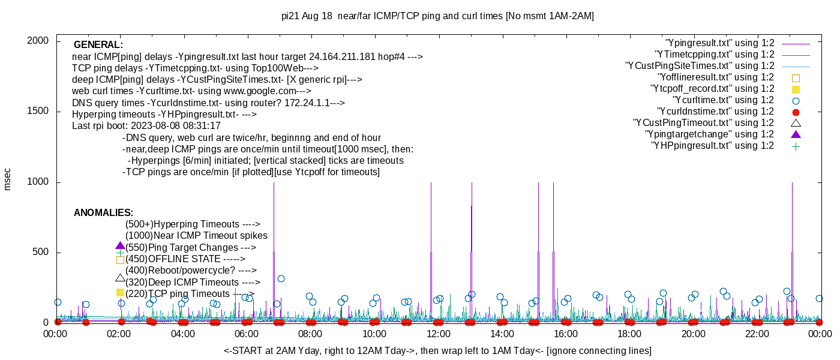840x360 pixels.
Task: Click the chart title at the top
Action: (x=437, y=16)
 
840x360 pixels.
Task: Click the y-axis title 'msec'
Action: (x=7, y=179)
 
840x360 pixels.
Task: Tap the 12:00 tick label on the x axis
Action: (x=438, y=334)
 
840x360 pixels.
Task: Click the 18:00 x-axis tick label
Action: (x=629, y=334)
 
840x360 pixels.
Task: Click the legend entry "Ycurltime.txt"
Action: (x=723, y=100)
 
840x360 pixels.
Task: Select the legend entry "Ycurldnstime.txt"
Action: (x=716, y=112)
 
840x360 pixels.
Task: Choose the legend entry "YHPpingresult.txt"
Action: (x=712, y=146)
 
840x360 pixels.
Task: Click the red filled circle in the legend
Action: (x=796, y=112)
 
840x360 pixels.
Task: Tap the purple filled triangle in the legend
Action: (x=796, y=134)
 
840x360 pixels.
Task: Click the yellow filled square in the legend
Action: (x=796, y=89)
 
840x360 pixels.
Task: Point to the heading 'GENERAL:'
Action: (x=98, y=45)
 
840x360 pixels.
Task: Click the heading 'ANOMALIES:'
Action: (x=103, y=213)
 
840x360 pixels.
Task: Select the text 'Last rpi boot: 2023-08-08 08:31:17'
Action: (x=146, y=126)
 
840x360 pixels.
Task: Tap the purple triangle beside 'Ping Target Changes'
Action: (x=120, y=246)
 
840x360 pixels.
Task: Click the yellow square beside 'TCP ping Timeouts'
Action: (x=120, y=293)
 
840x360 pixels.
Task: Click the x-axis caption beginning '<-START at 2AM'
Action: (x=437, y=350)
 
